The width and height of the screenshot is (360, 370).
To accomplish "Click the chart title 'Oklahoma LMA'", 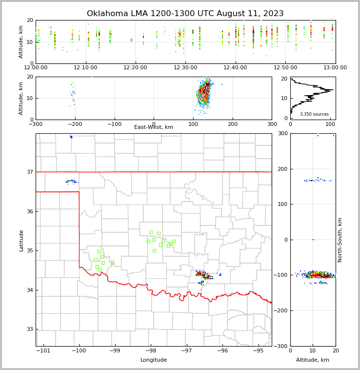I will pyautogui.click(x=185, y=14).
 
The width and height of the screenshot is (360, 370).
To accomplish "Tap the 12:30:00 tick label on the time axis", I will pyautogui.click(x=186, y=67).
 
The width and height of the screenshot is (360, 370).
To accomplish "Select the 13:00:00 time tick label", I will pyautogui.click(x=335, y=67).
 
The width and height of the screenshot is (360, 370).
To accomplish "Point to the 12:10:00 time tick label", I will pyautogui.click(x=86, y=67).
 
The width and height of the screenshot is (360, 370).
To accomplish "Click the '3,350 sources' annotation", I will pyautogui.click(x=314, y=114).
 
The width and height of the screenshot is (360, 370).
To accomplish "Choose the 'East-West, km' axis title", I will pyautogui.click(x=154, y=127).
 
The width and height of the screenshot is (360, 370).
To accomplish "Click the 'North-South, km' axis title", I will pyautogui.click(x=340, y=240).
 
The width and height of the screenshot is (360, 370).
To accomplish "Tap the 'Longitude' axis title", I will pyautogui.click(x=154, y=360).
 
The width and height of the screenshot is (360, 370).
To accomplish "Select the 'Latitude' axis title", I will pyautogui.click(x=21, y=240).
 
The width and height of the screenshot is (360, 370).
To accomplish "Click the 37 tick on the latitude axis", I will pyautogui.click(x=30, y=172).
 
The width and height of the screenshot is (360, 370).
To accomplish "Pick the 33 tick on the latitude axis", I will pyautogui.click(x=30, y=329).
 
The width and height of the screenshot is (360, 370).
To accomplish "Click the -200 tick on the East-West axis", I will pyautogui.click(x=75, y=124).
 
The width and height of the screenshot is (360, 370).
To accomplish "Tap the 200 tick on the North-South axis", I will pyautogui.click(x=282, y=169).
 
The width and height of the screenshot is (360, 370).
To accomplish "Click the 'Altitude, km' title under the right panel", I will pyautogui.click(x=313, y=360).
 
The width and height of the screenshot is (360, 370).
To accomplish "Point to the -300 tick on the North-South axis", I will pyautogui.click(x=281, y=346).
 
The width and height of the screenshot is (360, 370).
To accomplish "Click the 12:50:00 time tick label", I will pyautogui.click(x=285, y=67).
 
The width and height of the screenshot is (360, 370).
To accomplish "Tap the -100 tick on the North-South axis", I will pyautogui.click(x=281, y=275).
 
